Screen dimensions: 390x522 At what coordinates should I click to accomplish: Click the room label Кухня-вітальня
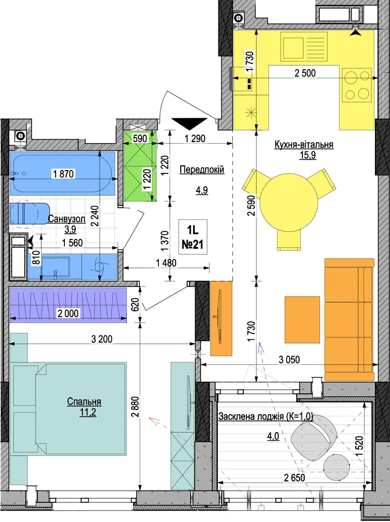(x=304, y=145)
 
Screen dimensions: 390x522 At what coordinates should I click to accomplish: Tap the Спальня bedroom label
(x=84, y=401)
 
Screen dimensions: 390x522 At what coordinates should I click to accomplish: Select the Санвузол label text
(x=67, y=219)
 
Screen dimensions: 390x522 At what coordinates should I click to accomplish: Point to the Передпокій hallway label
(x=202, y=169)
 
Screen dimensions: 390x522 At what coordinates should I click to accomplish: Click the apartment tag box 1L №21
(x=193, y=237)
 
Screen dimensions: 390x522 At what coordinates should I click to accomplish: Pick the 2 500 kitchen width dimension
(x=305, y=73)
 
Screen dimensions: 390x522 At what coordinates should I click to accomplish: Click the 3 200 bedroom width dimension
(x=102, y=339)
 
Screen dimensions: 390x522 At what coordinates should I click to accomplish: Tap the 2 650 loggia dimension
(x=294, y=478)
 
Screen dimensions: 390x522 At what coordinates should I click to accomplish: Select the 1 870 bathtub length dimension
(x=64, y=173)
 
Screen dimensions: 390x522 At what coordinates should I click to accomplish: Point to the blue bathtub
(x=63, y=173)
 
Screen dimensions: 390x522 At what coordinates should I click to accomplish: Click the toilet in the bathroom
(x=29, y=213)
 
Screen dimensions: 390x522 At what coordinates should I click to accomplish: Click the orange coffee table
(x=302, y=320)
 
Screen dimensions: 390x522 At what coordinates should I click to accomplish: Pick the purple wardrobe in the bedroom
(x=68, y=305)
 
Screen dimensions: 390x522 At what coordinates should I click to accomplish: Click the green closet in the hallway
(x=140, y=166)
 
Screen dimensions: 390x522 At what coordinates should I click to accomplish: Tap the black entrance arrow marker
(x=189, y=124)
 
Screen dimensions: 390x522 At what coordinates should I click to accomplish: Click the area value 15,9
(x=308, y=155)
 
